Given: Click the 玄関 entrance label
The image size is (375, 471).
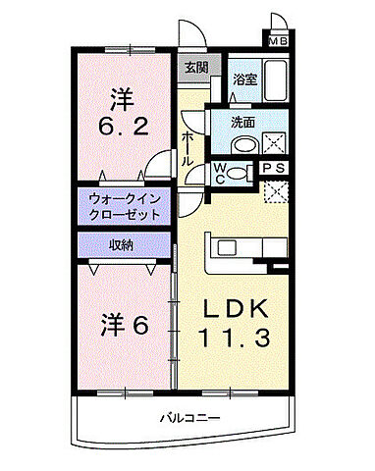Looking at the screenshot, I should click(x=195, y=68).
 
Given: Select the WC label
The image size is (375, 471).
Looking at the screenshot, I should click(x=221, y=173).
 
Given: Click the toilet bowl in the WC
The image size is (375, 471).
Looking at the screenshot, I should click(x=242, y=174).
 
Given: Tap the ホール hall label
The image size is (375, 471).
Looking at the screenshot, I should click(x=187, y=147).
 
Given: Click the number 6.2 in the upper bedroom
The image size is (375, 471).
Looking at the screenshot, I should click(x=122, y=127).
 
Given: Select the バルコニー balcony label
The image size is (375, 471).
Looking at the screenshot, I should click(x=190, y=419).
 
